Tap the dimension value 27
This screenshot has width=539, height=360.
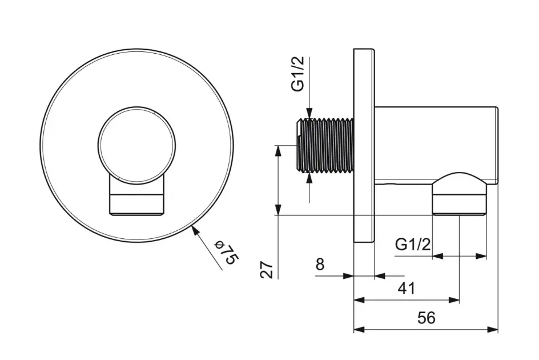pyautogui.click(x=267, y=270)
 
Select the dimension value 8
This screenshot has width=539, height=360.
pyautogui.click(x=320, y=265)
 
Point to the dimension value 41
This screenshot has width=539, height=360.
pyautogui.click(x=407, y=289)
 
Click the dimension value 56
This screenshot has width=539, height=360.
pyautogui.click(x=427, y=318)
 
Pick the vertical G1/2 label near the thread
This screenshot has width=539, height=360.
pyautogui.click(x=298, y=74)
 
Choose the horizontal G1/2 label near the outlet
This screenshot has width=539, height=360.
pyautogui.click(x=412, y=245)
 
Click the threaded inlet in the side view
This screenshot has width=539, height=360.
pyautogui.click(x=325, y=146)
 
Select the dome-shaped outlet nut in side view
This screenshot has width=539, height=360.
pyautogui.click(x=459, y=193)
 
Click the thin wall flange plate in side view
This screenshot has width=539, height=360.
pyautogui.click(x=364, y=146)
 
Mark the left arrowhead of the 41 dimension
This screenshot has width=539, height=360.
pyautogui.click(x=359, y=300)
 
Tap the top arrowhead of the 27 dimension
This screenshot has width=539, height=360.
pyautogui.click(x=278, y=151)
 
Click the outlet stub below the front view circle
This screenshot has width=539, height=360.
pyautogui.click(x=137, y=195)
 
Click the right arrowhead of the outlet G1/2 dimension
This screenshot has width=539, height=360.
pyautogui.click(x=481, y=256)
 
